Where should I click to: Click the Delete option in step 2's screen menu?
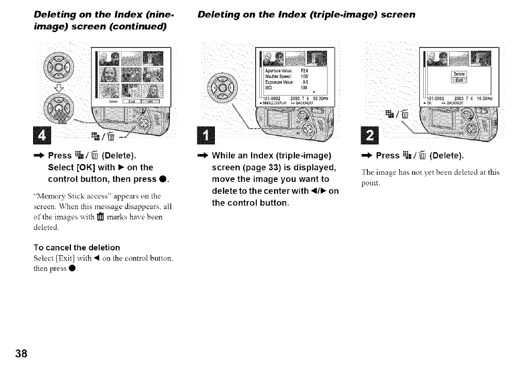(459, 74)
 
